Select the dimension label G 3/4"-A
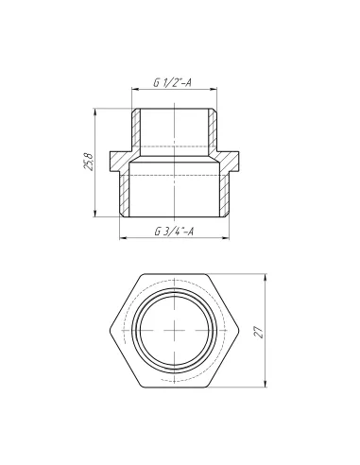click(178, 232)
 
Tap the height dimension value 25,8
click(89, 164)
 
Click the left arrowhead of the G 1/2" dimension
click(132, 92)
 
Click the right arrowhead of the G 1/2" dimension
click(223, 92)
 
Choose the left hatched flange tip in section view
click(116, 161)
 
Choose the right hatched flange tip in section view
click(239, 161)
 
